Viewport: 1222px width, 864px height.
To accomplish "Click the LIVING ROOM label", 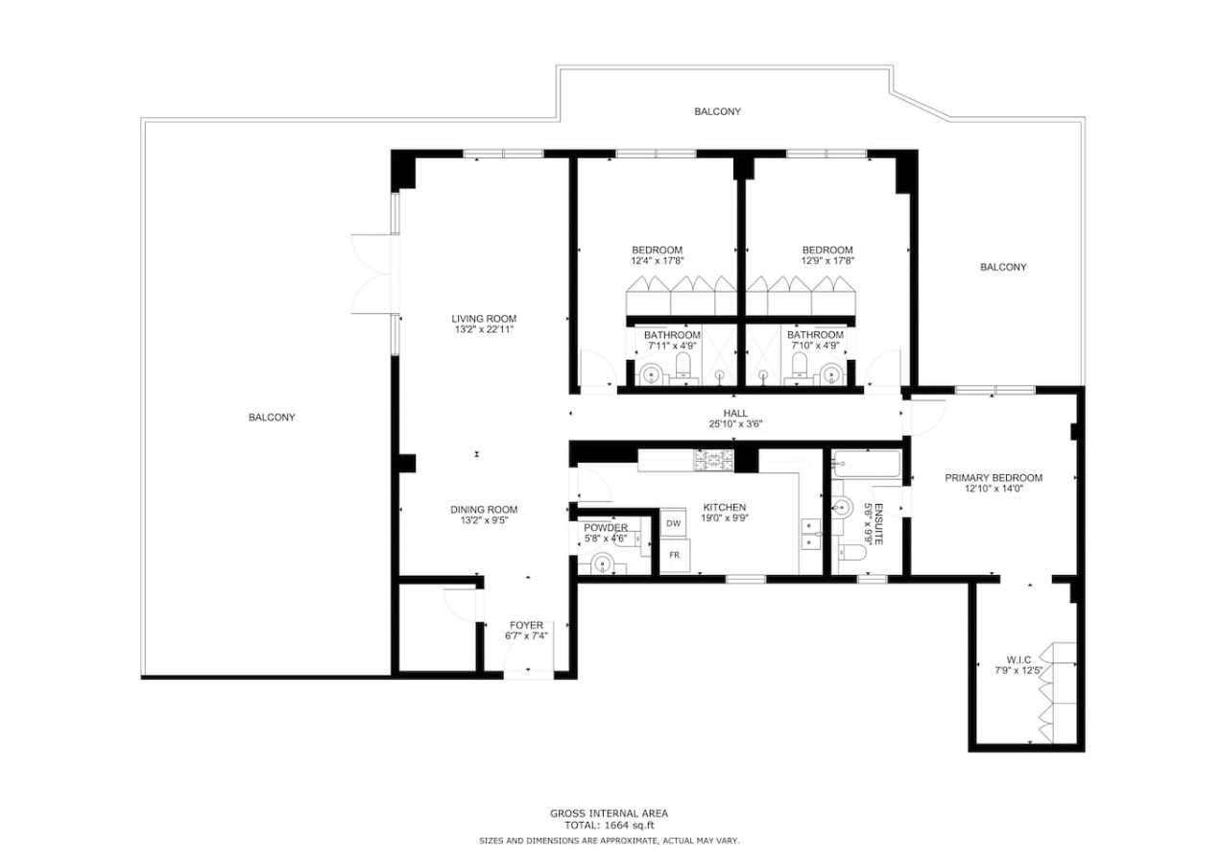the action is coord(484,319).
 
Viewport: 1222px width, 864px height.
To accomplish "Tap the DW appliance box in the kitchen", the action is coord(673,523).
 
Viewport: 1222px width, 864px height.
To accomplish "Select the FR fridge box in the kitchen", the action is coord(675,555).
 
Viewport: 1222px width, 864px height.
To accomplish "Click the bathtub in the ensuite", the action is coord(866,465).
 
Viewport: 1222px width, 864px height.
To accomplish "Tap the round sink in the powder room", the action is coord(602,563).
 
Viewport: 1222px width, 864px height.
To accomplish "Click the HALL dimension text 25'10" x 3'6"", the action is coord(735,423).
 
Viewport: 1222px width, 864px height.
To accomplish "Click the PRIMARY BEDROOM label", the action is coord(994,478).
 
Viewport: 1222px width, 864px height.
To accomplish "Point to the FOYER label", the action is coord(526,625).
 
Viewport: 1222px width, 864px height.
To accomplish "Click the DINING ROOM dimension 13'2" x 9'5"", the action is coord(484,520).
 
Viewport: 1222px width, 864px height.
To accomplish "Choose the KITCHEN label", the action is coord(725,507).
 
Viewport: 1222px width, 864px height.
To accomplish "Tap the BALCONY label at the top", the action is coord(717,111).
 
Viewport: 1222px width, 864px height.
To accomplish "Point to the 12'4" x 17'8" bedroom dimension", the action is coord(657,261).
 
